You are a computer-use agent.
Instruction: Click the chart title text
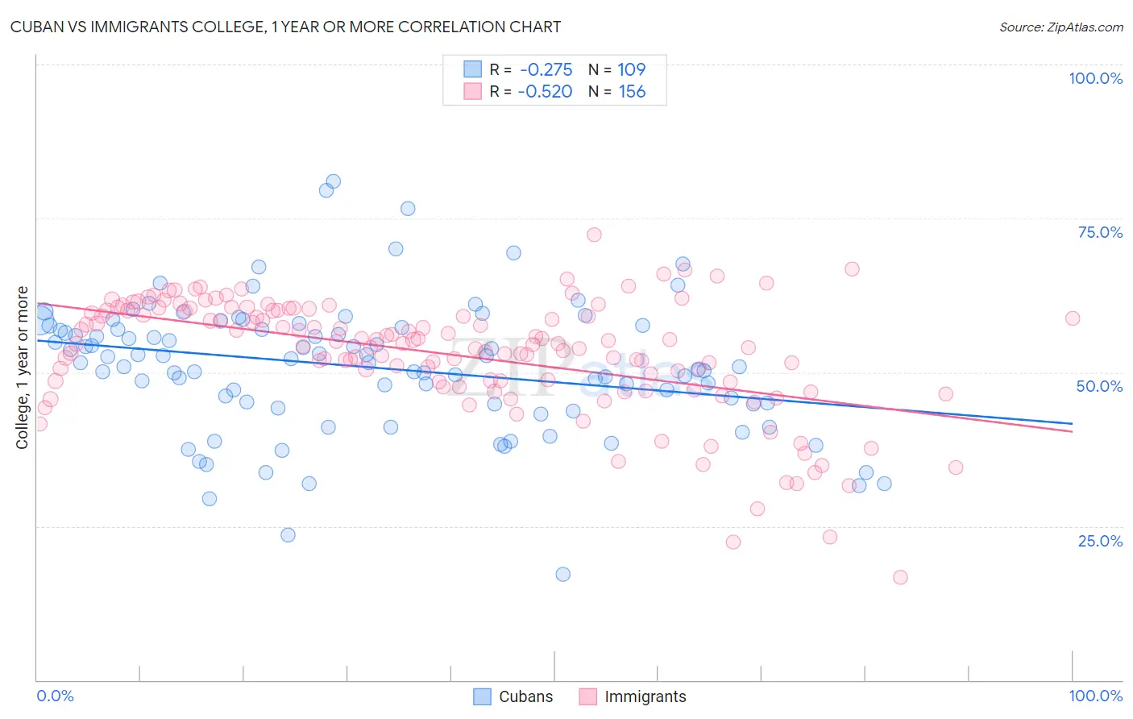pyautogui.click(x=285, y=27)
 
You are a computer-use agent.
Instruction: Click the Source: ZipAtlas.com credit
pyautogui.click(x=1060, y=27)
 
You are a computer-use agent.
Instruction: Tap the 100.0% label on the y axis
pyautogui.click(x=1095, y=78)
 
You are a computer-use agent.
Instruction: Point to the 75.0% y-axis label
pyautogui.click(x=1100, y=232)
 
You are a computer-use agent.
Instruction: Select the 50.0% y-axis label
pyautogui.click(x=1099, y=386)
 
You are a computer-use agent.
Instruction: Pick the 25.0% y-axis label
pyautogui.click(x=1100, y=541)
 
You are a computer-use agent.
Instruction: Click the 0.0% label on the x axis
pyautogui.click(x=55, y=696)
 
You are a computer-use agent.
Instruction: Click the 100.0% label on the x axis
pyautogui.click(x=1095, y=696)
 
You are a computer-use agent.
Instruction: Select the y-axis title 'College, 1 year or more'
pyautogui.click(x=23, y=368)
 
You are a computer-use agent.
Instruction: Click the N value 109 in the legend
pyautogui.click(x=632, y=69)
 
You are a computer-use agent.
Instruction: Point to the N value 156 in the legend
pyautogui.click(x=632, y=91)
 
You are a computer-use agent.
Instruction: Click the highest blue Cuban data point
pyautogui.click(x=333, y=181)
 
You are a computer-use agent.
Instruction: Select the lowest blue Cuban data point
pyautogui.click(x=563, y=574)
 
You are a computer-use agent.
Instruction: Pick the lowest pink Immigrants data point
pyautogui.click(x=900, y=577)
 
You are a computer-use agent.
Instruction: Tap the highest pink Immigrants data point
pyautogui.click(x=594, y=235)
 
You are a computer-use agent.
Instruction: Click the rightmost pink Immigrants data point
pyautogui.click(x=1072, y=318)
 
